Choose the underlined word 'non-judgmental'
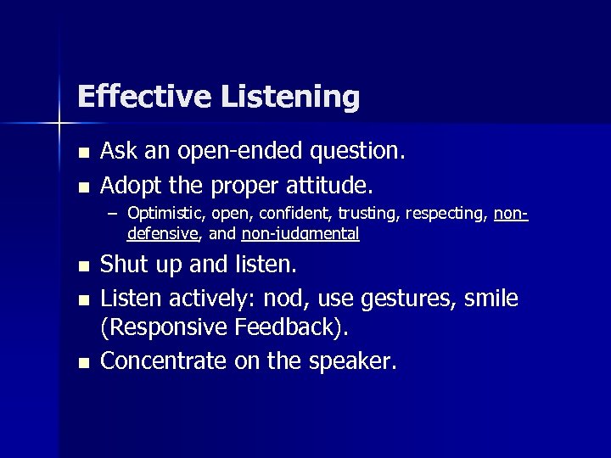pyautogui.click(x=300, y=233)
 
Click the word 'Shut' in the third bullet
pyautogui.click(x=120, y=265)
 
